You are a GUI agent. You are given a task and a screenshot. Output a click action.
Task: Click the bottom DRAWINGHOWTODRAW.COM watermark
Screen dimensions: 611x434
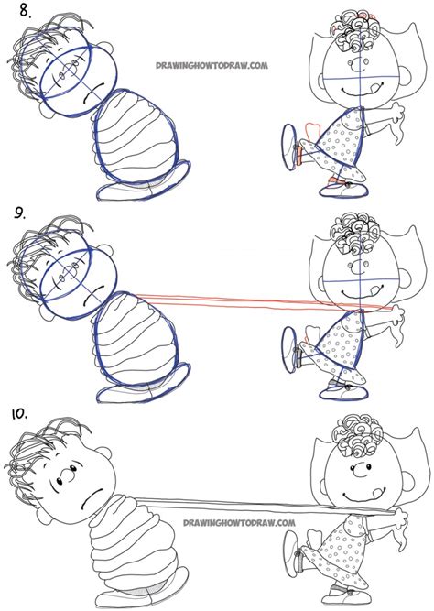[225, 527]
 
